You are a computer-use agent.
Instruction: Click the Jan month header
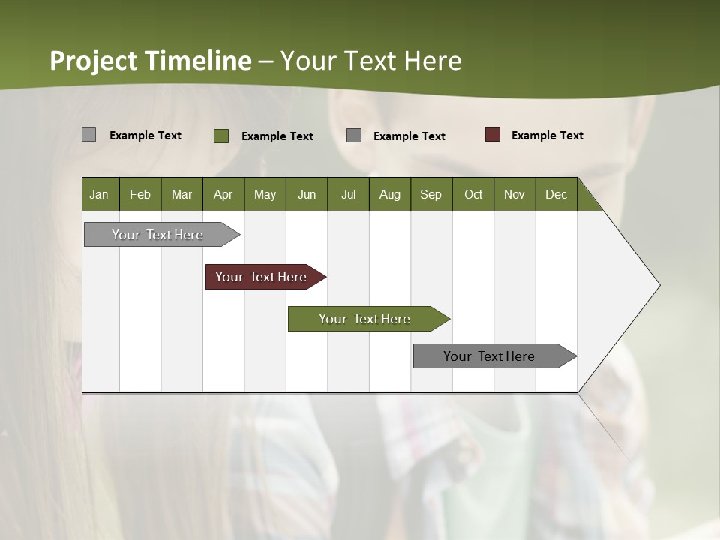99,194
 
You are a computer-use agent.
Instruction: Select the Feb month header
140,194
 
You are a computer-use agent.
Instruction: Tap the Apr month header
223,194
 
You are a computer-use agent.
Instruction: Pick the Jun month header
307,194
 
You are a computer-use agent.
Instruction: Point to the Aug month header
389,194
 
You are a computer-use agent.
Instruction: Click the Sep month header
430,194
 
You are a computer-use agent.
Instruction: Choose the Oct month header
473,194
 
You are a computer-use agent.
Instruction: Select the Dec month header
556,194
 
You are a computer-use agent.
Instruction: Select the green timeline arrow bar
367,319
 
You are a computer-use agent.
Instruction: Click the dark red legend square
492,135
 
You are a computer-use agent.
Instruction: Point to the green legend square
221,136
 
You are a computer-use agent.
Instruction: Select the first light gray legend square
88,135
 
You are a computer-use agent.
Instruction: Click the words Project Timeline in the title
150,61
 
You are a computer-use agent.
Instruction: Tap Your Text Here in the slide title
371,61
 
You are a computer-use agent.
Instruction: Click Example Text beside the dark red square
547,136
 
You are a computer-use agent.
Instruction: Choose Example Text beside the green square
277,136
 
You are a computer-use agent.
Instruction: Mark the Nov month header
514,194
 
